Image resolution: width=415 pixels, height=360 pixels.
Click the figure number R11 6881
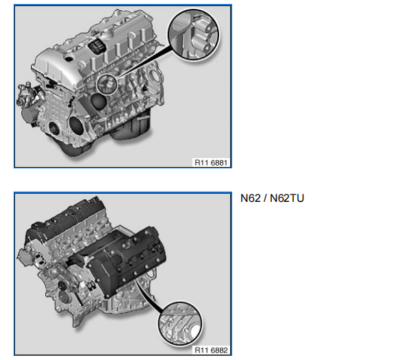tap(211, 162)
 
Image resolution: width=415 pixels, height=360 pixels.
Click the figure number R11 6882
tap(211, 350)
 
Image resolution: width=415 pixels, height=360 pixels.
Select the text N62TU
tap(287, 198)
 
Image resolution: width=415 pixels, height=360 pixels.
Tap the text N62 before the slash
tap(251, 198)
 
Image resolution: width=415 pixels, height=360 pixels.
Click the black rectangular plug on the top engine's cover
tap(97, 45)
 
